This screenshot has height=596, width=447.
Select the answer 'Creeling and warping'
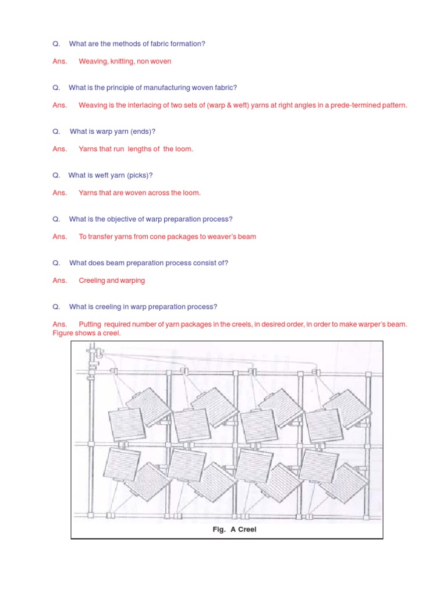112,281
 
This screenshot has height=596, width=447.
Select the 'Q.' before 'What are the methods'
56,44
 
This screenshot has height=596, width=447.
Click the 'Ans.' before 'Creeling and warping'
59,281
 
